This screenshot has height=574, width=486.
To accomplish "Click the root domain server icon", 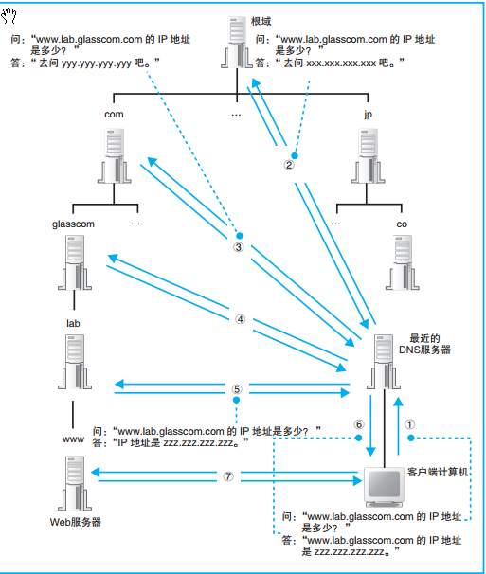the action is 237,42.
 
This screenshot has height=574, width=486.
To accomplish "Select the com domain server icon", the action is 115,155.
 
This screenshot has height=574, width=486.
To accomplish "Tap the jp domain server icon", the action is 369,155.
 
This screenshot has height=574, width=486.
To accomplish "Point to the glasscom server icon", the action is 75,262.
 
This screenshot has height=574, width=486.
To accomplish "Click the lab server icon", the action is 75,362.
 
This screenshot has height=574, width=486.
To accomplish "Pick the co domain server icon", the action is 402,262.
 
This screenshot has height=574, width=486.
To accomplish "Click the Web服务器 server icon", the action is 75,483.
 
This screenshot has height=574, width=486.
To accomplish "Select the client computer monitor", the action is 384,487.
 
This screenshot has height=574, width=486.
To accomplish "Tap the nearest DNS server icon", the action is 384,362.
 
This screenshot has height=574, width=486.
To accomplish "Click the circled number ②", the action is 289,165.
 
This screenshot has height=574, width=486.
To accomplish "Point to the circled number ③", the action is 239,247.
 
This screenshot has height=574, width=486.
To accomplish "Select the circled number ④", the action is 241,319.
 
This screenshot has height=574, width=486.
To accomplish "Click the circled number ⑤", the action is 237,389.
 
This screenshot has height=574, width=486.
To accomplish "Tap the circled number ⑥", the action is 359,424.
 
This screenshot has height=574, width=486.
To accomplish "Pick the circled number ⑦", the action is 228,476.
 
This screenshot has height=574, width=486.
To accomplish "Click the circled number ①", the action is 410,424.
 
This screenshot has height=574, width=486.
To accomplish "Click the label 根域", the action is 261,21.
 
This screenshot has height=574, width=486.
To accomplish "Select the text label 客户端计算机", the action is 438,473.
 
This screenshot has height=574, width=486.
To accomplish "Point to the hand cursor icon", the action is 9,15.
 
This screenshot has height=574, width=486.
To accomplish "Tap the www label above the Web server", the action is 73,439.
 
